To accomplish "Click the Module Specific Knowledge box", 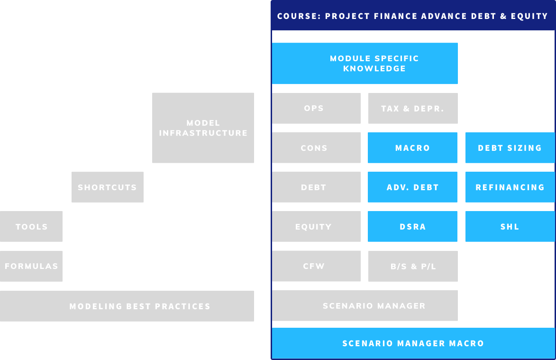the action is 365,64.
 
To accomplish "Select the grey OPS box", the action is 316,108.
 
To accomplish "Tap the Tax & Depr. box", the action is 413,108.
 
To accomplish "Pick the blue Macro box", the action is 412,148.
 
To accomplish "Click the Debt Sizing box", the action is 510,148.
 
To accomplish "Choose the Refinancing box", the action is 510,187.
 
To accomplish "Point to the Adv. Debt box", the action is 412,187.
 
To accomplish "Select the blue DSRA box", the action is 412,226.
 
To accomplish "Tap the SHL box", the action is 510,226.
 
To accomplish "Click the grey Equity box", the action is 316,226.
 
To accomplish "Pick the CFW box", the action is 316,266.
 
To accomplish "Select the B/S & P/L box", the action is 413,266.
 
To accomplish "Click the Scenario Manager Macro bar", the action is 413,343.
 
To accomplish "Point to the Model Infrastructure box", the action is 203,128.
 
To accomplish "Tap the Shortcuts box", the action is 108,187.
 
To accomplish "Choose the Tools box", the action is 31,226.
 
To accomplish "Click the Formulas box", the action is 31,266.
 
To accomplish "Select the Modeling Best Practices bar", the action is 127,306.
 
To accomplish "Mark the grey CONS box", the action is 316,148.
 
